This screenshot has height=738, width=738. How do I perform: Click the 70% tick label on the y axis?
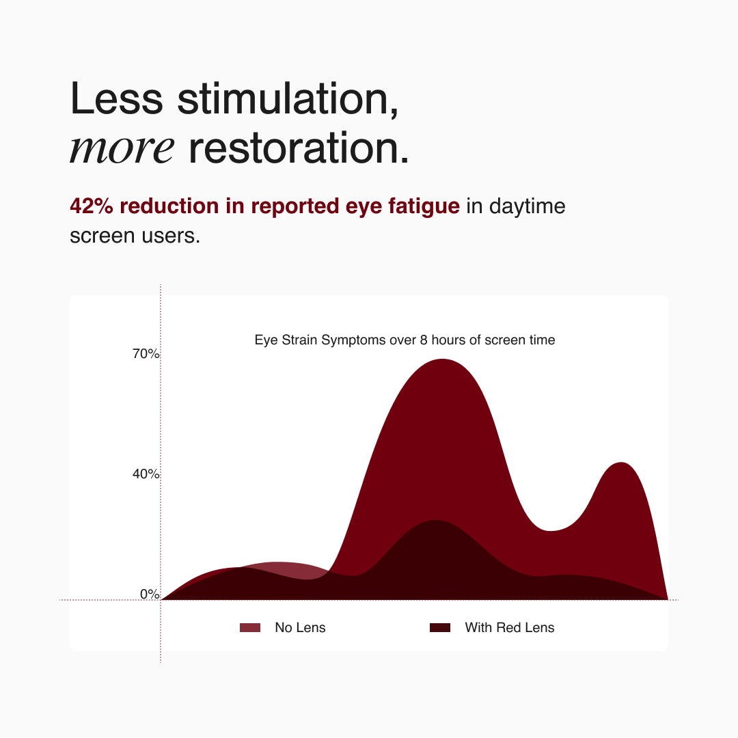point(146,353)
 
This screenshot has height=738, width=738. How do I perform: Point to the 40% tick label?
point(146,474)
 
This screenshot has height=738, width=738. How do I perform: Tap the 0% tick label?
point(150,594)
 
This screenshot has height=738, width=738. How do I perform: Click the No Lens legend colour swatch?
point(250,627)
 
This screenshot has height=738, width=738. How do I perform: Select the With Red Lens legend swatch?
point(440,627)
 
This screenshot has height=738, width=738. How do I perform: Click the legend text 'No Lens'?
point(300,627)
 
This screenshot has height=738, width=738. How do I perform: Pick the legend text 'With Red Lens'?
point(510,627)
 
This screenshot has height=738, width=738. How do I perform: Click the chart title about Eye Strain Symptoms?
point(405,340)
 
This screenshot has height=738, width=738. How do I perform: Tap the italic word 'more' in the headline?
point(122,149)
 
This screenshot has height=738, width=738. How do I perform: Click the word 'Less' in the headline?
point(116,99)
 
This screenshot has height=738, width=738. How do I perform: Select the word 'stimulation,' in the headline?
point(288,100)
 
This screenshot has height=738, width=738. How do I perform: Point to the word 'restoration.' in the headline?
point(299,149)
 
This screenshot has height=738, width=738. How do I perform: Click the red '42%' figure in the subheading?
point(92,206)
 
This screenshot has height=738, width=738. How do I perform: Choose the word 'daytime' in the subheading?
point(527,207)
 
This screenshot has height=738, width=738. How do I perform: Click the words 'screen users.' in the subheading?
point(135,236)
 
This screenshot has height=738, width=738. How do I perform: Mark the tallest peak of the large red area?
point(442,359)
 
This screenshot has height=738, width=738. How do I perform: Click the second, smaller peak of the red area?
point(622,463)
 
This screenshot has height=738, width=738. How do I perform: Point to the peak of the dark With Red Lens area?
point(436,520)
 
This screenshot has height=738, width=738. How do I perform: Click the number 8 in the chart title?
point(424,340)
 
